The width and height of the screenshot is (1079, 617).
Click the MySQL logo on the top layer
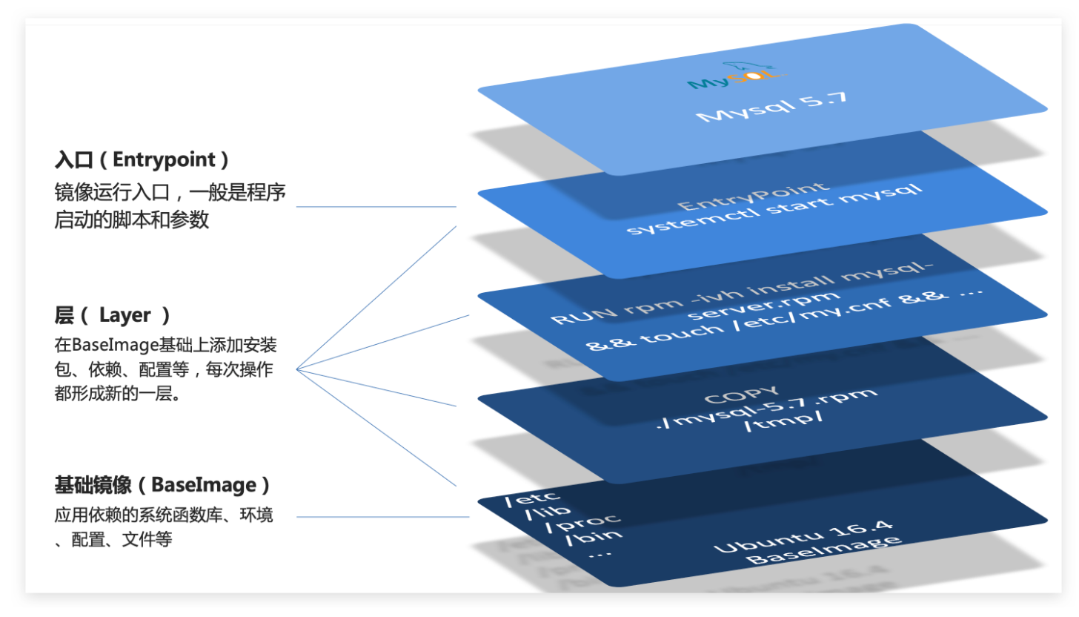coord(736,77)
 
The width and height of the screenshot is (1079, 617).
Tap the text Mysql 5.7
coord(771,107)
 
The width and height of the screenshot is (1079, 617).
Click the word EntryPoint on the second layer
coord(754,197)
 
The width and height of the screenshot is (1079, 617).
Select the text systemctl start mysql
coord(774,209)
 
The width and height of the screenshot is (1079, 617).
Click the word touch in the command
coord(682,334)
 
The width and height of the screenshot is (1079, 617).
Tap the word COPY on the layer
coord(741,395)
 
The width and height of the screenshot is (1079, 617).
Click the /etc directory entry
coord(532,498)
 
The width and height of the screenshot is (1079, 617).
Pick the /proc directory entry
coord(582,522)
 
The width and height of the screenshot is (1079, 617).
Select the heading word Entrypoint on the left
coord(164,160)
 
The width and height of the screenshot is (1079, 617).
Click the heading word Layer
coord(124,315)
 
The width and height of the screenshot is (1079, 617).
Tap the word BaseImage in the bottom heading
coord(204,485)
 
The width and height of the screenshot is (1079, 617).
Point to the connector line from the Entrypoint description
coord(376,207)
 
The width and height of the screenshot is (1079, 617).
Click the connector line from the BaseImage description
coord(383,517)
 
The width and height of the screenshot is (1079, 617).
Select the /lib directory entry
coord(548,512)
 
